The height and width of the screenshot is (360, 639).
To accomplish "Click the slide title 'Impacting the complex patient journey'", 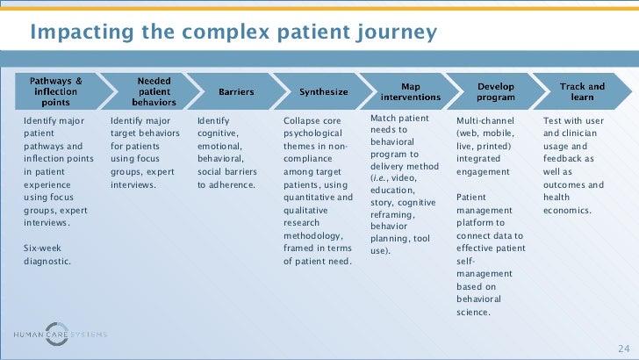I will click(233, 32).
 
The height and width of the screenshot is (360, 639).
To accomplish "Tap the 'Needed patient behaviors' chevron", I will click(153, 90).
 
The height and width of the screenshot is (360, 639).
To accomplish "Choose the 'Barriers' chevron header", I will click(236, 90).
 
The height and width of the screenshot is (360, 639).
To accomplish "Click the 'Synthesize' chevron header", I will click(323, 90).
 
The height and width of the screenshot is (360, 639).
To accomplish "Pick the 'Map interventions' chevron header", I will click(410, 90).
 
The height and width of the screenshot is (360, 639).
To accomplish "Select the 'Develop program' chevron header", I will click(497, 90).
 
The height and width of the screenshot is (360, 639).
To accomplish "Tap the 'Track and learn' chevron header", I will click(583, 90).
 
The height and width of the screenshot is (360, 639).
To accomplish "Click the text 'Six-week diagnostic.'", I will click(47, 255).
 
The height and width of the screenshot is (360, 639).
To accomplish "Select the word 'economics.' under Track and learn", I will click(567, 211).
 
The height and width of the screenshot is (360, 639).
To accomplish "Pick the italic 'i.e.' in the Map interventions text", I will click(378, 177).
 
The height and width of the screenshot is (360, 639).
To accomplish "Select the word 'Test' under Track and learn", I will click(553, 120).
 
